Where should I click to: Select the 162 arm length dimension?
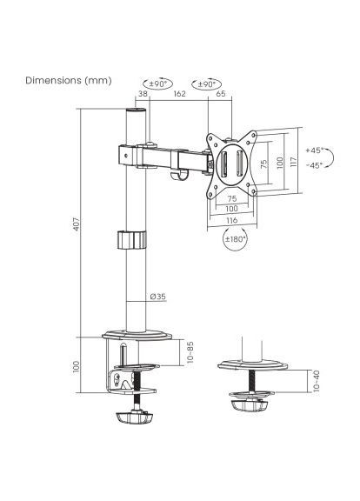179,93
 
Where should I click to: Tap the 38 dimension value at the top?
142,93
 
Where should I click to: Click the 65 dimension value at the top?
220,93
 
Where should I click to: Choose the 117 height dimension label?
295,161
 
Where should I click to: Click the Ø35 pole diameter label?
158,297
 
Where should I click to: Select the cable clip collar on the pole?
134,238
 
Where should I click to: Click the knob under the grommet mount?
248,405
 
